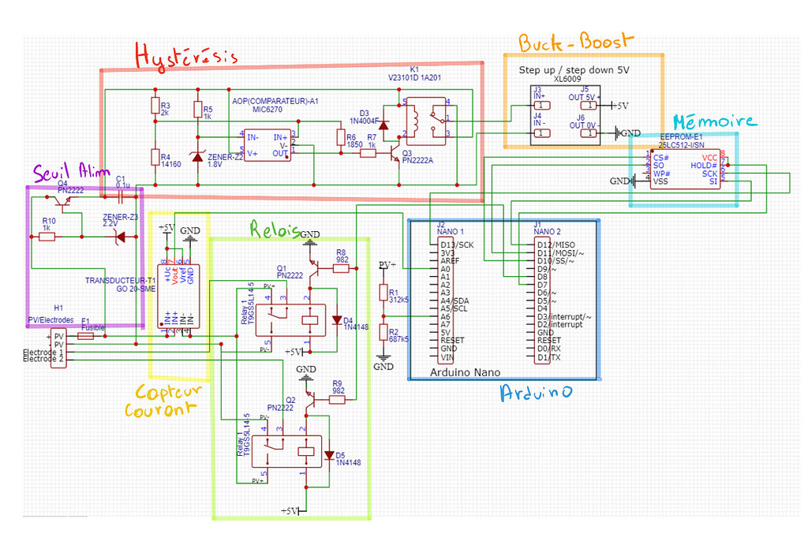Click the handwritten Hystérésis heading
point(185,57)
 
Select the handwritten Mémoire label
point(713,122)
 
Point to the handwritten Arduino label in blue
point(536,393)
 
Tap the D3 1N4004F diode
point(384,124)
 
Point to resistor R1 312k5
point(383,293)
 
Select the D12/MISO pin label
point(555,245)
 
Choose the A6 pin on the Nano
point(446,316)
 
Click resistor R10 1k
point(47,235)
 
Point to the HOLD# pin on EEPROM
point(704,165)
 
